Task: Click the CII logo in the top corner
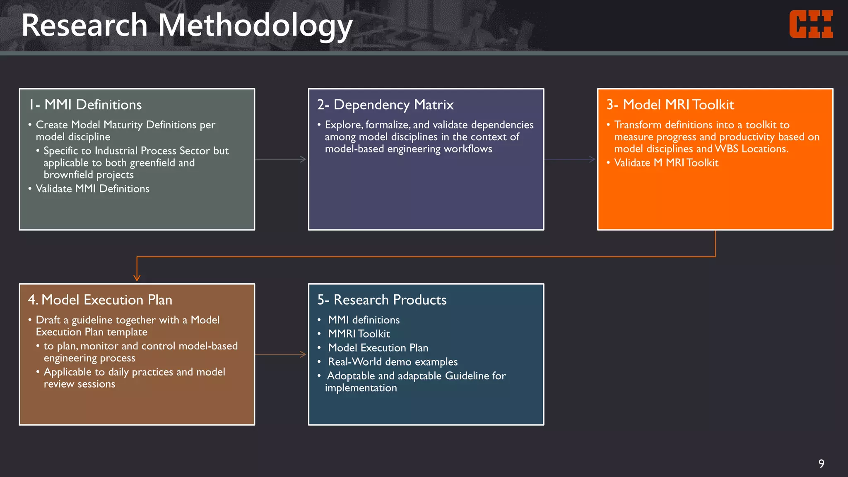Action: coord(811,24)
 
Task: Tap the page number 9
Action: coord(821,463)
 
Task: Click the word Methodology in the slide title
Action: coord(255,26)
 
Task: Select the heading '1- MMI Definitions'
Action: coord(85,105)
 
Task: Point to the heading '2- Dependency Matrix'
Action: coord(385,105)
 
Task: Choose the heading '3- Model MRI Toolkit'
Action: coord(670,105)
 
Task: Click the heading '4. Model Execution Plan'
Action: coord(100,300)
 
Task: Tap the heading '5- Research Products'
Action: coord(382,300)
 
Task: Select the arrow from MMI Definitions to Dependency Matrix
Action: coord(281,159)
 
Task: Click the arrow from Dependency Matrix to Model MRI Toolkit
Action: coord(570,159)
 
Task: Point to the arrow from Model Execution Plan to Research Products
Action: coord(281,354)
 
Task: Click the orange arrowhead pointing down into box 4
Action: coord(137,277)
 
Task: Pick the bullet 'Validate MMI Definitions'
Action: coord(92,189)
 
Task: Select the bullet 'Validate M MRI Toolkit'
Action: coord(666,163)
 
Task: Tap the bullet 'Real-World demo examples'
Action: coord(393,362)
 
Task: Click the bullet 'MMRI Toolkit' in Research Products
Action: coord(359,334)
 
